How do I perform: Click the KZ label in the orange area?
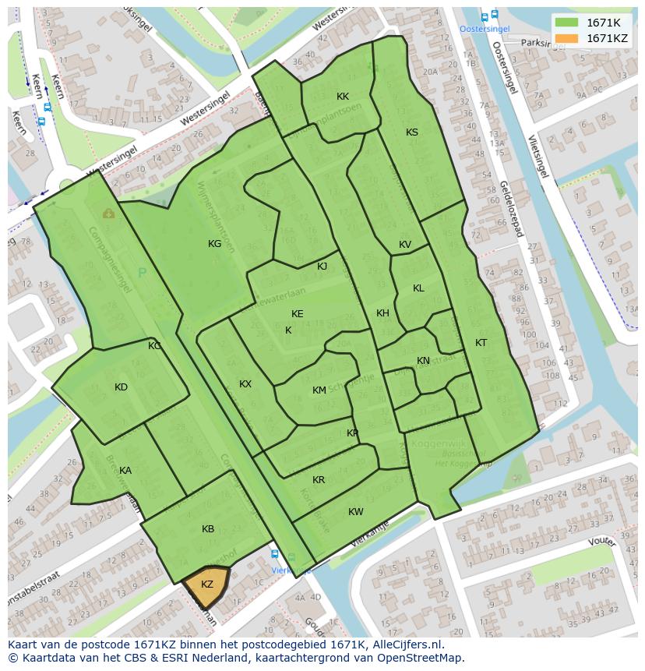(x=207, y=584)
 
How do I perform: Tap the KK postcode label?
(x=343, y=97)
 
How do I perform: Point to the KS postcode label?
(x=412, y=132)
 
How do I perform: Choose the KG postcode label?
(x=215, y=244)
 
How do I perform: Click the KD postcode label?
(x=121, y=387)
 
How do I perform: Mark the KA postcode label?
(x=125, y=471)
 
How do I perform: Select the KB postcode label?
(x=208, y=529)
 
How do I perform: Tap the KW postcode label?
(x=356, y=512)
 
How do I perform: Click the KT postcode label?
(x=481, y=343)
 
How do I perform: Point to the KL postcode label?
(x=418, y=288)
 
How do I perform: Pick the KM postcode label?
(x=319, y=390)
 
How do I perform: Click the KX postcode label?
(x=245, y=384)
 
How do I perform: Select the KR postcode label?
(x=319, y=480)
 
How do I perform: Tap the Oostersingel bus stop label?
(x=484, y=29)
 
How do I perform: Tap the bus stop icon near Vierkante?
(x=274, y=554)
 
